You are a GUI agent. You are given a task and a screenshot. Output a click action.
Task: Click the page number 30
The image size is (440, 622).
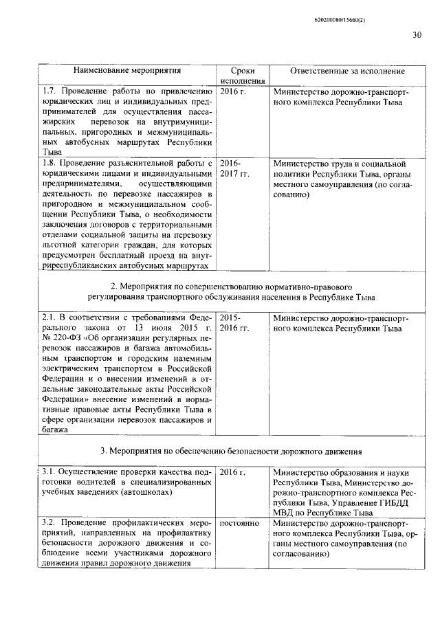[417, 35]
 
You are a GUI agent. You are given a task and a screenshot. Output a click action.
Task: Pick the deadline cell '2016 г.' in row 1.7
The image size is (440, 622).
[232, 91]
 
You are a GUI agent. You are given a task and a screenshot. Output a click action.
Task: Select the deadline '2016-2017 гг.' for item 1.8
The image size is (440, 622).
[234, 168]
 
